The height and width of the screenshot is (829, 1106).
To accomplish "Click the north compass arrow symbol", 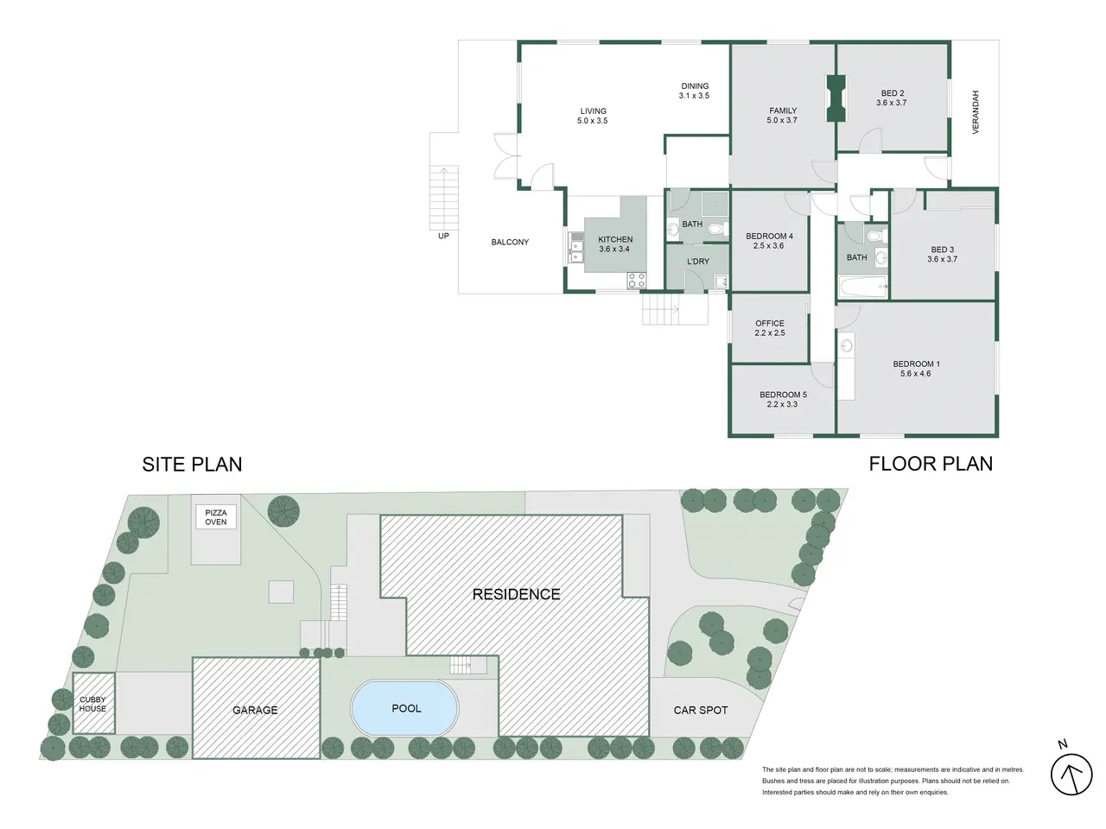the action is pyautogui.click(x=1071, y=774).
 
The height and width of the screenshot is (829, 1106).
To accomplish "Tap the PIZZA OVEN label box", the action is pyautogui.click(x=216, y=517).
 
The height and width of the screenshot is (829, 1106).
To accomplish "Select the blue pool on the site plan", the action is pyautogui.click(x=405, y=708).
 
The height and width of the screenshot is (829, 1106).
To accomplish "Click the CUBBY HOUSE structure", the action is pyautogui.click(x=93, y=703).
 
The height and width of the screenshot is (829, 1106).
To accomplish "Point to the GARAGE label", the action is pyautogui.click(x=255, y=710).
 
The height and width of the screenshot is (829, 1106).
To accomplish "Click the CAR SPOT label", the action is pyautogui.click(x=701, y=710).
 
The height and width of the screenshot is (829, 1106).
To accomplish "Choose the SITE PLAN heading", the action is pyautogui.click(x=192, y=464).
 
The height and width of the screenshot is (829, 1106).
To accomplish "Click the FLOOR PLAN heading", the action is pyautogui.click(x=931, y=464).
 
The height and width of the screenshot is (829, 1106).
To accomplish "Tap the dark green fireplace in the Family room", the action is pyautogui.click(x=836, y=98).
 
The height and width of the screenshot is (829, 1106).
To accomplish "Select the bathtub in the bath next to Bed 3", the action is pyautogui.click(x=863, y=288).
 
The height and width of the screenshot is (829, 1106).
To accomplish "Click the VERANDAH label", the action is pyautogui.click(x=975, y=112).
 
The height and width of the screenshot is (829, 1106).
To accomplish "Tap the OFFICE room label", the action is pyautogui.click(x=769, y=323).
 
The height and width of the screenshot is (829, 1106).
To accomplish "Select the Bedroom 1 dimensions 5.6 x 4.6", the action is pyautogui.click(x=916, y=373).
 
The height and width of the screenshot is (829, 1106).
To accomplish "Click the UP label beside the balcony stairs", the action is pyautogui.click(x=443, y=236).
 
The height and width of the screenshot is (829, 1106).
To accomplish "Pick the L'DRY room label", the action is pyautogui.click(x=698, y=262).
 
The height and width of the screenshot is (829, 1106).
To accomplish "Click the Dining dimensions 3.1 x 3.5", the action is pyautogui.click(x=694, y=96).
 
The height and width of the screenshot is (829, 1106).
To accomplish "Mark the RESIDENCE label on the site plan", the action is pyautogui.click(x=516, y=594).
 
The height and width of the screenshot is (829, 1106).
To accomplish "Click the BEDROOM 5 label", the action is pyautogui.click(x=783, y=395).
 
